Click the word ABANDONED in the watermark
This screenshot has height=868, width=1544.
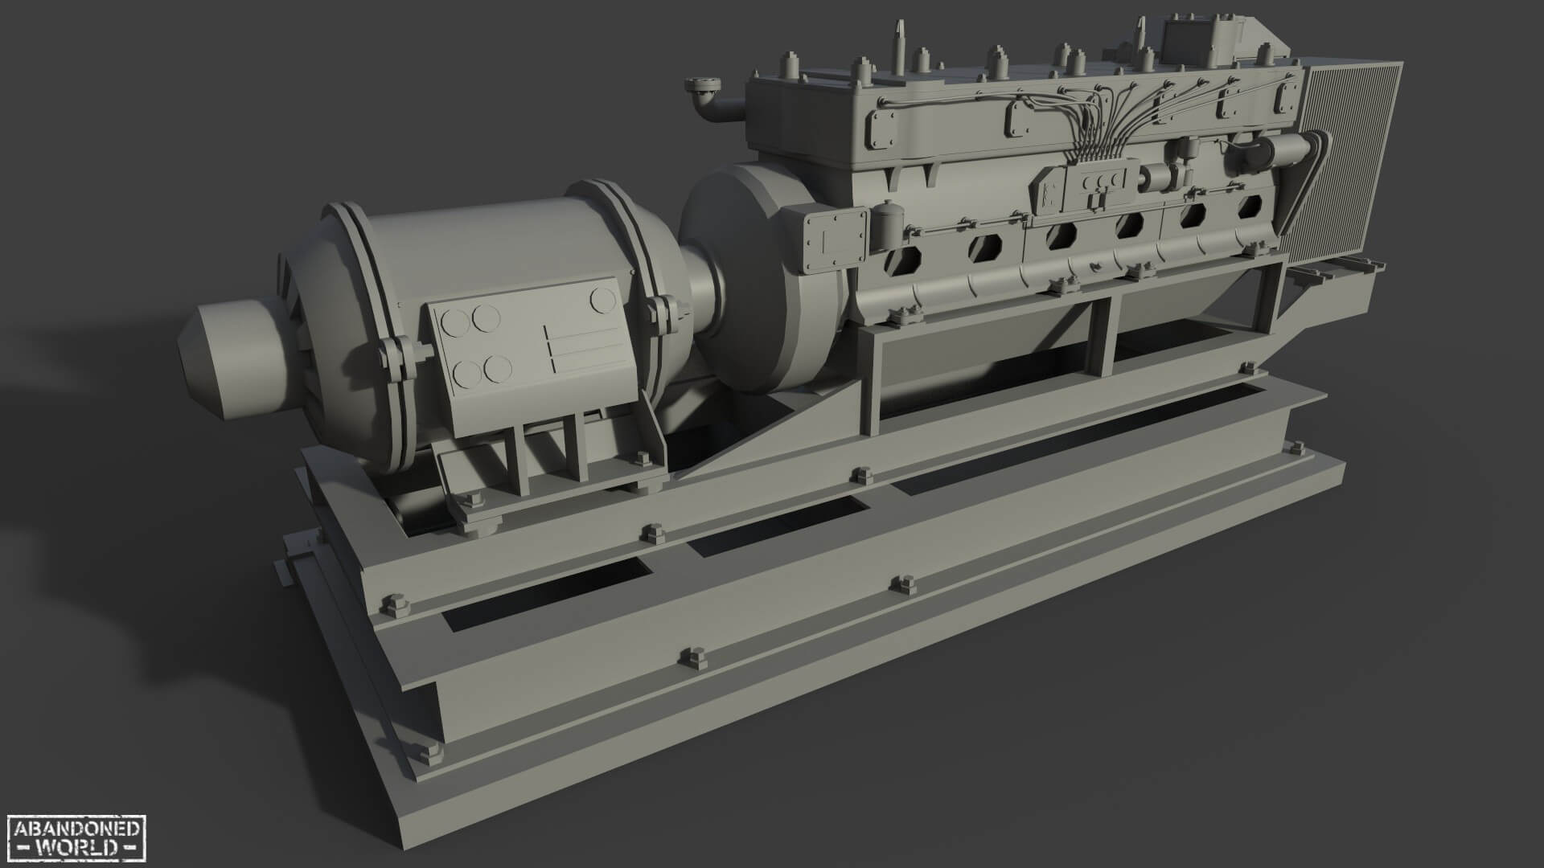tap(77, 829)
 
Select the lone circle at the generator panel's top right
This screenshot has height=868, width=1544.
tap(601, 301)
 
